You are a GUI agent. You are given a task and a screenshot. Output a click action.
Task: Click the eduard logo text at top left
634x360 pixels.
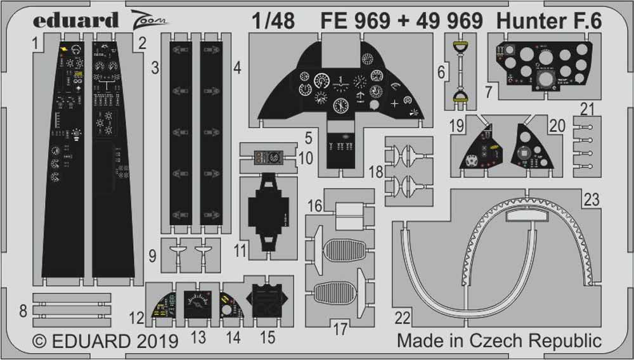click(74, 20)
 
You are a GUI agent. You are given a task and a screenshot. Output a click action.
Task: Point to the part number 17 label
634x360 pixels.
click(340, 329)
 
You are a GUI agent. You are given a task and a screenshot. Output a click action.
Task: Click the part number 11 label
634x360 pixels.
click(239, 250)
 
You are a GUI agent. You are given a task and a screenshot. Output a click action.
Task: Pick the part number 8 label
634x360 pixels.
click(23, 311)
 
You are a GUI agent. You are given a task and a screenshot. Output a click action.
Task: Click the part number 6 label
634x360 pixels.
click(441, 73)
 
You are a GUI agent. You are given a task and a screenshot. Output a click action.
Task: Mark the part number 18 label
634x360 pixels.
click(376, 172)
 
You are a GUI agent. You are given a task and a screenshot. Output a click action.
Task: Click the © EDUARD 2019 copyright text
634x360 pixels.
click(105, 342)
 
